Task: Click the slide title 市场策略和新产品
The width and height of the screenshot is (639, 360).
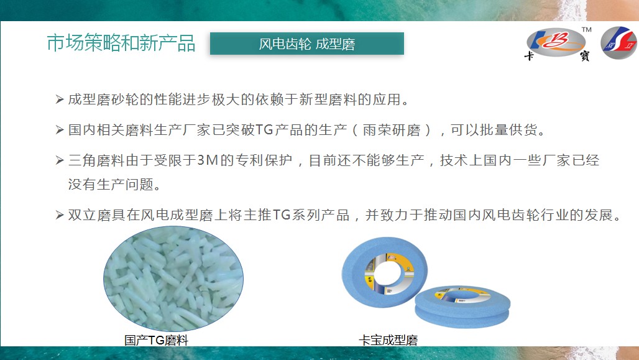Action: coord(121,44)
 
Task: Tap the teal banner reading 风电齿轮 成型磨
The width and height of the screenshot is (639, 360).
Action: coord(307,44)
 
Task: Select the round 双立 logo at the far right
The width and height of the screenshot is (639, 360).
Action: coord(619,43)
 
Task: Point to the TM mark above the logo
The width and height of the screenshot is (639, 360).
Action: coord(586,29)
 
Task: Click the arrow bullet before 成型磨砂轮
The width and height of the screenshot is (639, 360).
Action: coord(60,99)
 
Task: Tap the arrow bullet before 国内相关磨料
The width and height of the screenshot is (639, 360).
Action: coord(60,130)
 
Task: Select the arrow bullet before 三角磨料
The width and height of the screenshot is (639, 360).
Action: coord(60,160)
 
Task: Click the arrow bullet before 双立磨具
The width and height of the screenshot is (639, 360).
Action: coord(60,215)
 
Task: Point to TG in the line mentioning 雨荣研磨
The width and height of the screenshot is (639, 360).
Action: coord(264,130)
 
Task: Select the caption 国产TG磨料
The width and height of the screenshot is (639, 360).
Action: coord(156,340)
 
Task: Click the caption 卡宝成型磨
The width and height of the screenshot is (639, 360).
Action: coord(388,340)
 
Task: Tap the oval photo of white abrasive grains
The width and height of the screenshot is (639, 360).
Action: coord(173,279)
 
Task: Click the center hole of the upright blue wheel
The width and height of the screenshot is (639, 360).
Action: coord(387,272)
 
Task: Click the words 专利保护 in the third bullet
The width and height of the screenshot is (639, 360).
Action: coord(264,160)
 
